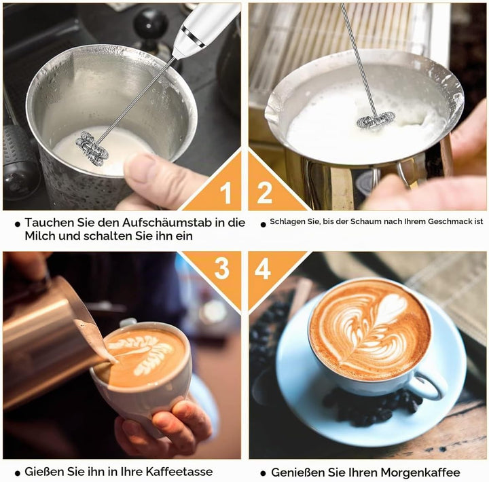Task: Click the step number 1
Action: pyautogui.click(x=225, y=193)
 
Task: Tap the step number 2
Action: pyautogui.click(x=264, y=193)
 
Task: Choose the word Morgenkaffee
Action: pyautogui.click(x=420, y=472)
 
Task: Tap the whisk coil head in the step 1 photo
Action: pyautogui.click(x=92, y=148)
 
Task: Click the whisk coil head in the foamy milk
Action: pyautogui.click(x=376, y=119)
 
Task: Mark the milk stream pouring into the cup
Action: pyautogui.click(x=96, y=342)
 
